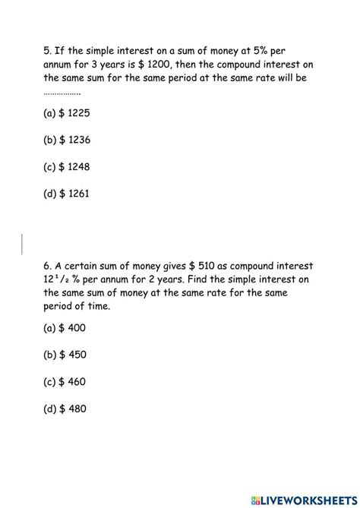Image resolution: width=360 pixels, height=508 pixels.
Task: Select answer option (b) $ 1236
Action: coord(68,140)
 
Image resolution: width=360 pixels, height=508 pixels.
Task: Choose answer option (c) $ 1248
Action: coord(68,166)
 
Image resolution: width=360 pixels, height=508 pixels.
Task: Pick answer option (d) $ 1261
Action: coord(68,193)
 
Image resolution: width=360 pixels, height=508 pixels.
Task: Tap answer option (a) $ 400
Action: coord(65,328)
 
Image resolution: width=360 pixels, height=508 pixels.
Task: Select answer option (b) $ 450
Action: coord(65,355)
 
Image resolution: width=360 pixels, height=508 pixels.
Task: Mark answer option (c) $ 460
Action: coord(65,381)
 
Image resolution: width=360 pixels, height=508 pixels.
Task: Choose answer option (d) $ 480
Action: coord(65,408)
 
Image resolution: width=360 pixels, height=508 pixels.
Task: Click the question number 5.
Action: coord(46,50)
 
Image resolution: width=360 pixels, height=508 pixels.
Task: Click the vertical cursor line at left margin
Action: coord(22,243)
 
